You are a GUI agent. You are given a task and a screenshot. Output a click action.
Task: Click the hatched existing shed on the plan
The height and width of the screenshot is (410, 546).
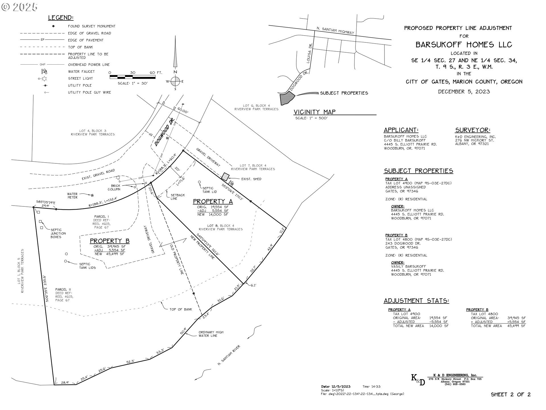[226, 177]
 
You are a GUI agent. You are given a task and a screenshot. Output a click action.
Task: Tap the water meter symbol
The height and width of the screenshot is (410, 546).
[92, 195]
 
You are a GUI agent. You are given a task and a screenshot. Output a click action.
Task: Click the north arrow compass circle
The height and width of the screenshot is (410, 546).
[175, 81]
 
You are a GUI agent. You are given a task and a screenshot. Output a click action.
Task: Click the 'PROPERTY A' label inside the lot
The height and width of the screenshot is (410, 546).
[213, 202]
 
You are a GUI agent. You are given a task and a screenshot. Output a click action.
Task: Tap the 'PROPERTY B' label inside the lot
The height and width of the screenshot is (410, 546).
[109, 241]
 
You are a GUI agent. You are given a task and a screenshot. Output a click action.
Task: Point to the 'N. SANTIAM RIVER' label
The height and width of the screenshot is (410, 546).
[229, 355]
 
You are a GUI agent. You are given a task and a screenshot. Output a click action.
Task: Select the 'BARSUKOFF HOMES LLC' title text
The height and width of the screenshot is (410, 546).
[464, 45]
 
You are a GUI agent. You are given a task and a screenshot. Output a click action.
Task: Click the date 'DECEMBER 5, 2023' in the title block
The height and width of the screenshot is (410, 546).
[464, 92]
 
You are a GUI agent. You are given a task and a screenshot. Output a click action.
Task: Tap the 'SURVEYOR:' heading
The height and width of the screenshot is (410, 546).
[473, 130]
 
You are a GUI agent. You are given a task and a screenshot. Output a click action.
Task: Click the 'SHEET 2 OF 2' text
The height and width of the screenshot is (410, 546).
[511, 394]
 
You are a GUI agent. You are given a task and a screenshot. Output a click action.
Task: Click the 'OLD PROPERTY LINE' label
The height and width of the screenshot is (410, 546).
[177, 259]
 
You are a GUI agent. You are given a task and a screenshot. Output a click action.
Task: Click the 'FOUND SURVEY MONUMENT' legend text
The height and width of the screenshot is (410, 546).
[92, 26]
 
